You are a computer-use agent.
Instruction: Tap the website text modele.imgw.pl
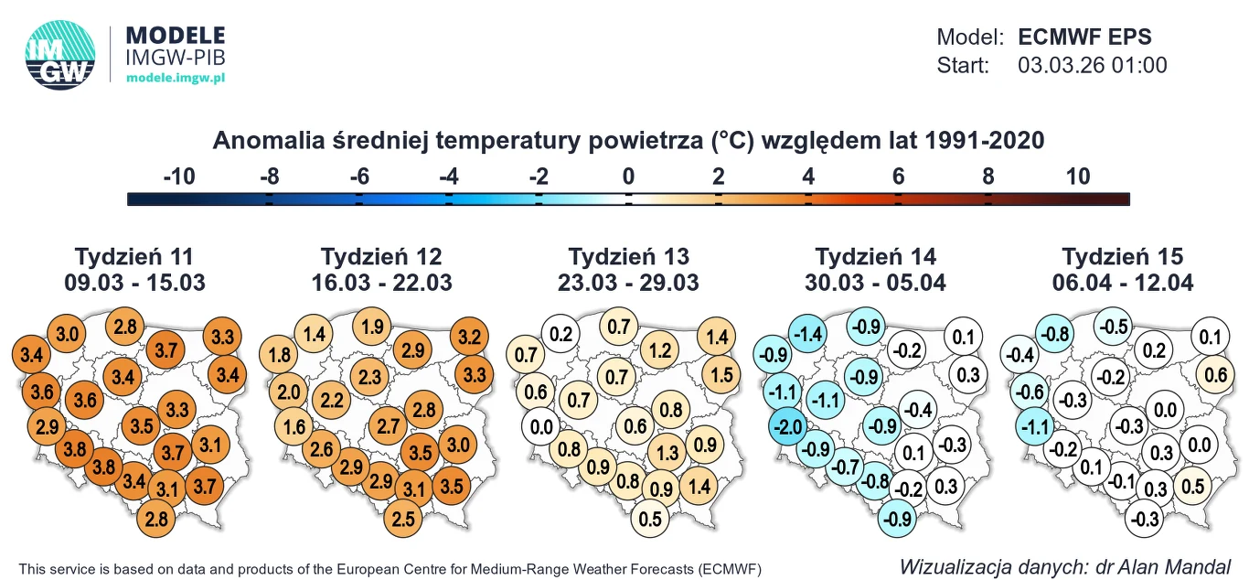tap(176, 79)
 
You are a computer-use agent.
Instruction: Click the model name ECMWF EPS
tap(1084, 38)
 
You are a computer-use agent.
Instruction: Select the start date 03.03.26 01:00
tap(1092, 66)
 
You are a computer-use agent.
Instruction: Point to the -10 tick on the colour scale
tap(178, 177)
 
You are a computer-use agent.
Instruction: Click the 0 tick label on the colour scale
tap(628, 177)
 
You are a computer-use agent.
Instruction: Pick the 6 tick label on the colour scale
tap(898, 177)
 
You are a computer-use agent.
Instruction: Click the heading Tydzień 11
tap(134, 256)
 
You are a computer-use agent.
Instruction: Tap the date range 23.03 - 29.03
tap(628, 283)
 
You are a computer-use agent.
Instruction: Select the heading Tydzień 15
tap(1122, 256)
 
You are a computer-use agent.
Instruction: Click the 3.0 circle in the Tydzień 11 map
tap(67, 334)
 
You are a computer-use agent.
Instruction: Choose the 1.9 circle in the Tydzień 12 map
tap(371, 327)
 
